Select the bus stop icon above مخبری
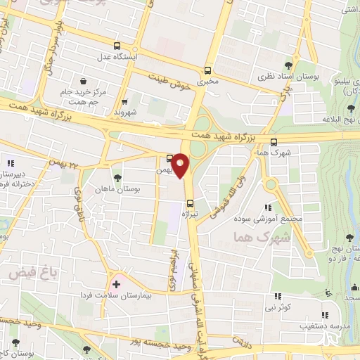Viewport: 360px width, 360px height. tap(207, 70)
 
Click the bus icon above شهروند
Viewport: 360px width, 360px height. tap(124, 101)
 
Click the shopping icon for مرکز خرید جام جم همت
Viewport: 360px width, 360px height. tap(84, 81)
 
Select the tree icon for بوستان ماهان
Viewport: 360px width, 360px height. tap(117, 179)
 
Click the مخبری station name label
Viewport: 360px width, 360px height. tap(208, 82)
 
